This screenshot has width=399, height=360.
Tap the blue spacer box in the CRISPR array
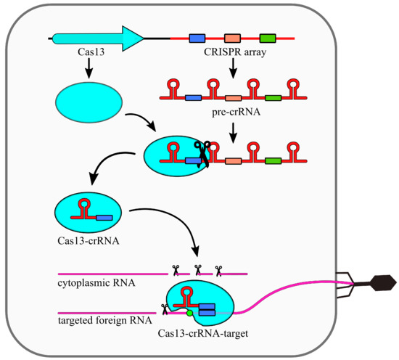[x=197, y=37]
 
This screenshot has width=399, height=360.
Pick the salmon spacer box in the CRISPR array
[x=232, y=37]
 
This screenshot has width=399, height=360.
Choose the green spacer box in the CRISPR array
[x=268, y=37]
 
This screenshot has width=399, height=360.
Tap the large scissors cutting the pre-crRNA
[x=201, y=154]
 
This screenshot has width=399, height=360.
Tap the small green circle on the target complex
[x=189, y=314]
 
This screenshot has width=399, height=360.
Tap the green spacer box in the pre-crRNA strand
[x=273, y=97]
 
